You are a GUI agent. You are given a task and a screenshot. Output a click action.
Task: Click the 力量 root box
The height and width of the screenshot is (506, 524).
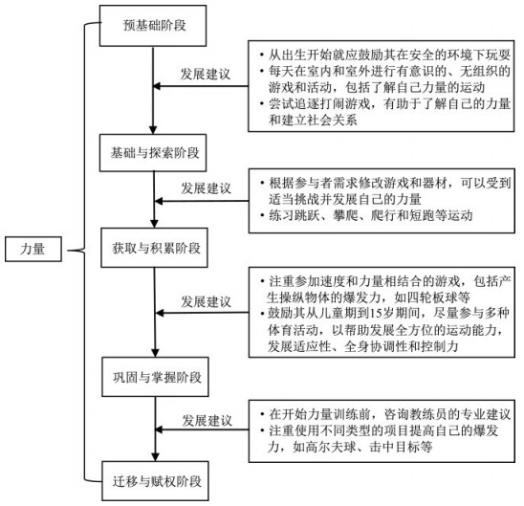(33, 249)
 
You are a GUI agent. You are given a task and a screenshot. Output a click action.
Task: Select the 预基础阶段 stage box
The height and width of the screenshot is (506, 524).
(153, 26)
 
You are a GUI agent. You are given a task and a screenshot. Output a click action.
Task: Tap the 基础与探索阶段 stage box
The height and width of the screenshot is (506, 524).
(153, 153)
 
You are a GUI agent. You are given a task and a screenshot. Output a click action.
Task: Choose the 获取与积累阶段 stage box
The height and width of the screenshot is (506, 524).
(154, 248)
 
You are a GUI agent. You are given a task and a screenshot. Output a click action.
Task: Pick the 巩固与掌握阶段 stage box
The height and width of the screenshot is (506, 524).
(156, 377)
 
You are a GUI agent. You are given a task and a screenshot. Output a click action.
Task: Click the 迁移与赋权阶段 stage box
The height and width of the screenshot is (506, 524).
(156, 481)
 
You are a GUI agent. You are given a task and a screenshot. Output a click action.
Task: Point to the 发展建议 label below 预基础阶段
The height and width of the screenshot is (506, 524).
(206, 74)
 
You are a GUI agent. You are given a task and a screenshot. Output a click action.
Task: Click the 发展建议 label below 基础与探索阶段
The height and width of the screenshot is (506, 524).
(207, 188)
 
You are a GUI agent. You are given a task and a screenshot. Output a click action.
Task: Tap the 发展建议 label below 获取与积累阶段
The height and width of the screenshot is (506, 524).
(207, 302)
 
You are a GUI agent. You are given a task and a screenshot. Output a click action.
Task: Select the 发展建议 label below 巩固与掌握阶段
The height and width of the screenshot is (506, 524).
(207, 420)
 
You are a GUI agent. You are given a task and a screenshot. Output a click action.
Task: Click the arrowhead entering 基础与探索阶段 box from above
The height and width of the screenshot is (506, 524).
(153, 130)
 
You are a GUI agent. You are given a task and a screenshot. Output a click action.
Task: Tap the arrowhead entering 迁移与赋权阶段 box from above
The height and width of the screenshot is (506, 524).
(155, 457)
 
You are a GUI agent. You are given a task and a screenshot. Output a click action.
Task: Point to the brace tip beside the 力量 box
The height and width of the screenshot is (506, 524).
(68, 251)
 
